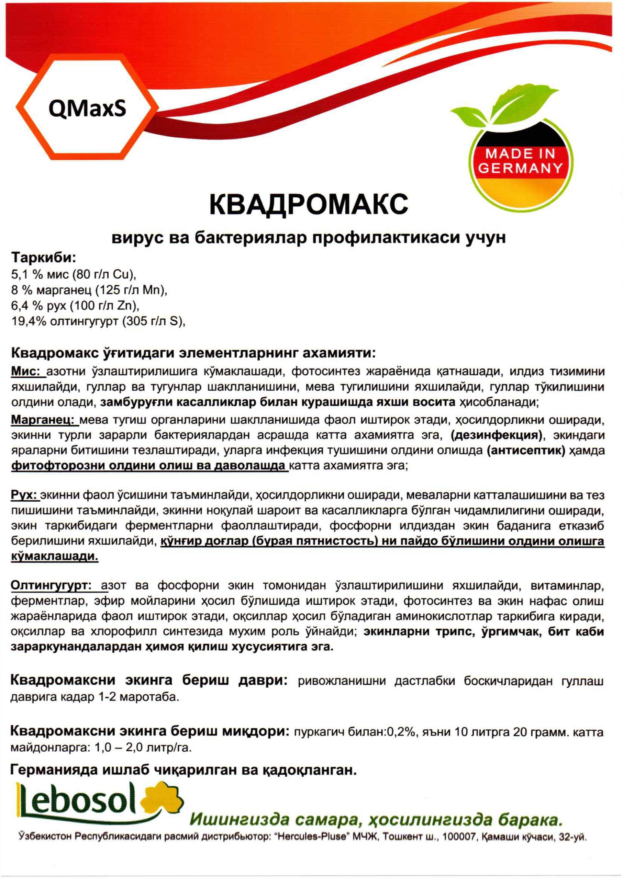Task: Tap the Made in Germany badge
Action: click(x=521, y=161)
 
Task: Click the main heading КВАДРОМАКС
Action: click(x=309, y=204)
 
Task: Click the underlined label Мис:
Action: click(x=29, y=372)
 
